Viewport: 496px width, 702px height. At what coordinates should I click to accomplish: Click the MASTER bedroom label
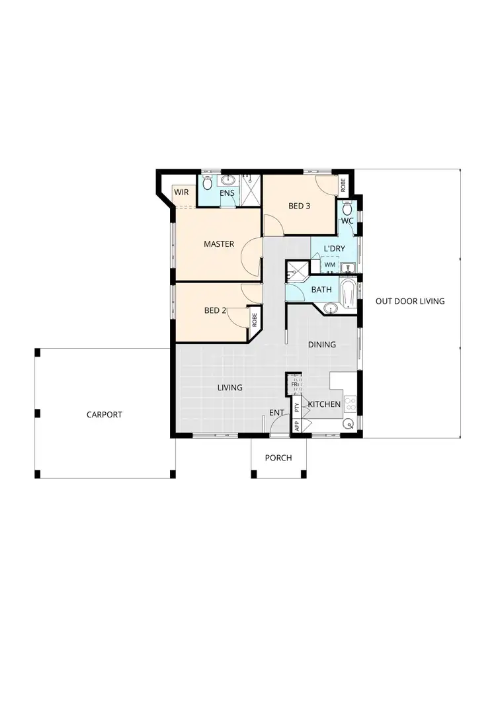pyautogui.click(x=219, y=244)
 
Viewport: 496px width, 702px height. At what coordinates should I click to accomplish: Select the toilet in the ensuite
pyautogui.click(x=208, y=181)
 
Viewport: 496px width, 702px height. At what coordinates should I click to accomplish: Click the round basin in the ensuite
pyautogui.click(x=229, y=180)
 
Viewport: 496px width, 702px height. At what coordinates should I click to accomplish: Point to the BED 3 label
pyautogui.click(x=299, y=206)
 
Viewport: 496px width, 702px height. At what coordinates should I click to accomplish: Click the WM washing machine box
pyautogui.click(x=329, y=265)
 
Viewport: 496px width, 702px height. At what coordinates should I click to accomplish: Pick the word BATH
pyautogui.click(x=321, y=290)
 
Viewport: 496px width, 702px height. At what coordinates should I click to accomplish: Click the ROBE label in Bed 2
pyautogui.click(x=254, y=318)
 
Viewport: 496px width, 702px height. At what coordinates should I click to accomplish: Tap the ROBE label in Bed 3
pyautogui.click(x=343, y=186)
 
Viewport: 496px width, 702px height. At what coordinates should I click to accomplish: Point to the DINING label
pyautogui.click(x=322, y=345)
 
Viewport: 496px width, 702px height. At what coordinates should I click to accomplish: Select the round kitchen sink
pyautogui.click(x=348, y=423)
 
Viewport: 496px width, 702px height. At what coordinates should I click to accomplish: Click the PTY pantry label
pyautogui.click(x=297, y=408)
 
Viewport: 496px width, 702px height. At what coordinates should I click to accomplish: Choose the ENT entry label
pyautogui.click(x=276, y=413)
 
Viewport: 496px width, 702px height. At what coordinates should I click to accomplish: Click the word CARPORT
pyautogui.click(x=104, y=415)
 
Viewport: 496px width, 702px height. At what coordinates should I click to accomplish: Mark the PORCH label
pyautogui.click(x=278, y=458)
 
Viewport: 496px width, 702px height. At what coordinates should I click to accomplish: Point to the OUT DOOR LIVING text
pyautogui.click(x=410, y=301)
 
